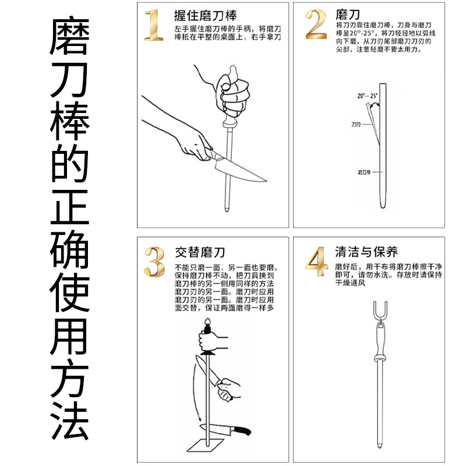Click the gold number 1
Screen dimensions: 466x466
tap(153, 24)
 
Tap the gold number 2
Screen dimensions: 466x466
tap(315, 24)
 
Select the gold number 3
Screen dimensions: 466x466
tap(154, 263)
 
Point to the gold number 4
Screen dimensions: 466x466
tap(315, 263)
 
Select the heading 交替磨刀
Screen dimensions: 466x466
tap(200, 252)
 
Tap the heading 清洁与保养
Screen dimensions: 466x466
tap(366, 252)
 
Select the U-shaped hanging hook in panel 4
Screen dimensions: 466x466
tap(379, 311)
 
